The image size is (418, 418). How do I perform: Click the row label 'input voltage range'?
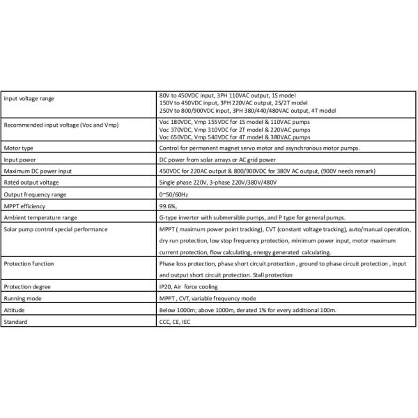tap(29, 98)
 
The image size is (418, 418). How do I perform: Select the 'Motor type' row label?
tap(19, 148)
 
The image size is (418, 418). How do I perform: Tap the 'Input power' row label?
tap(20, 160)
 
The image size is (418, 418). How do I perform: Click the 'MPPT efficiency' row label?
tap(24, 206)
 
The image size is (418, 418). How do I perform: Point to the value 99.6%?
tap(169, 206)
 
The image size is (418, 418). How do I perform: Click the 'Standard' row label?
tap(16, 322)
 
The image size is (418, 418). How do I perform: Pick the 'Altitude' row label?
tap(15, 310)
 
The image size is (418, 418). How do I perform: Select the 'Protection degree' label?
tap(26, 287)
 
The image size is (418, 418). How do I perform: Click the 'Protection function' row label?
tap(29, 264)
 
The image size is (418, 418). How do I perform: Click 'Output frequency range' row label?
tap(35, 194)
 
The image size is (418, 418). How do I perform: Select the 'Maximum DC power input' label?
tap(37, 171)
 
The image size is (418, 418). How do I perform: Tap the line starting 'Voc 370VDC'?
tap(235, 130)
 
